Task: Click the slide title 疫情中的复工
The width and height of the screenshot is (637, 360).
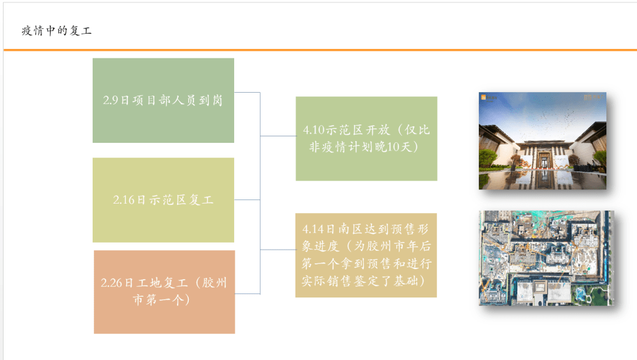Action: tap(57, 31)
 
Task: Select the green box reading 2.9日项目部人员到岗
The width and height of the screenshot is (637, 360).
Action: tap(163, 100)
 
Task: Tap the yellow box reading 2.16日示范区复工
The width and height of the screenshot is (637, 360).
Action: tap(163, 200)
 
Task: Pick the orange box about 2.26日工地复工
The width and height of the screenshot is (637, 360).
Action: tap(164, 292)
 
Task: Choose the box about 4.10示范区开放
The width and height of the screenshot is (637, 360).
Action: tap(366, 139)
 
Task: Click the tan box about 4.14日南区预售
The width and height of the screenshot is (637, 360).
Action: tap(366, 255)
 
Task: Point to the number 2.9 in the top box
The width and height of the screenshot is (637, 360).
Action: tap(110, 100)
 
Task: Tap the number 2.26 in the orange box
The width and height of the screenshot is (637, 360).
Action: tap(111, 283)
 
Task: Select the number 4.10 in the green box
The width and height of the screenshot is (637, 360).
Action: tap(314, 130)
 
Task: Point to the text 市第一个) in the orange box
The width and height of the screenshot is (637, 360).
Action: tap(161, 300)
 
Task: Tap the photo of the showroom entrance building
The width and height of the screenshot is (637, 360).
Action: tap(542, 140)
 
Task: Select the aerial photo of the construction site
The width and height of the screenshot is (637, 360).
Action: tap(546, 258)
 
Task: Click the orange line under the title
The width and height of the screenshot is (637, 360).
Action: tap(318, 50)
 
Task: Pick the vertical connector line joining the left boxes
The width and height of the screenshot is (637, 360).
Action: tap(260, 193)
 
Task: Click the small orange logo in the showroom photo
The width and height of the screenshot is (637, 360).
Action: tap(484, 97)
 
